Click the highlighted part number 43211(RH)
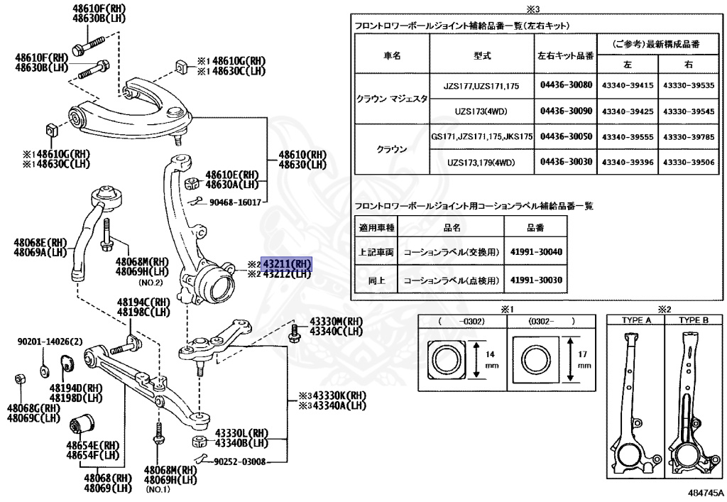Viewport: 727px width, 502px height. [x=287, y=263]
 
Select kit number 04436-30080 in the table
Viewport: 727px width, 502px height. [x=566, y=84]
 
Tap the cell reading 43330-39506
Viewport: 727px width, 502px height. [x=688, y=163]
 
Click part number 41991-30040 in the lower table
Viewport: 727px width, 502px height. [x=535, y=252]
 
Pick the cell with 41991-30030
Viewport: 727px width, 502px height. [x=535, y=280]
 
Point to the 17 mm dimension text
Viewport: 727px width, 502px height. [x=584, y=357]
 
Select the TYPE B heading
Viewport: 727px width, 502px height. [x=693, y=320]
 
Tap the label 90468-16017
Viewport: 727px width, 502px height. [x=235, y=202]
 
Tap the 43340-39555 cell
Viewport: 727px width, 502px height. [x=628, y=136]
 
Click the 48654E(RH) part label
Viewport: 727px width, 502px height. [x=90, y=444]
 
